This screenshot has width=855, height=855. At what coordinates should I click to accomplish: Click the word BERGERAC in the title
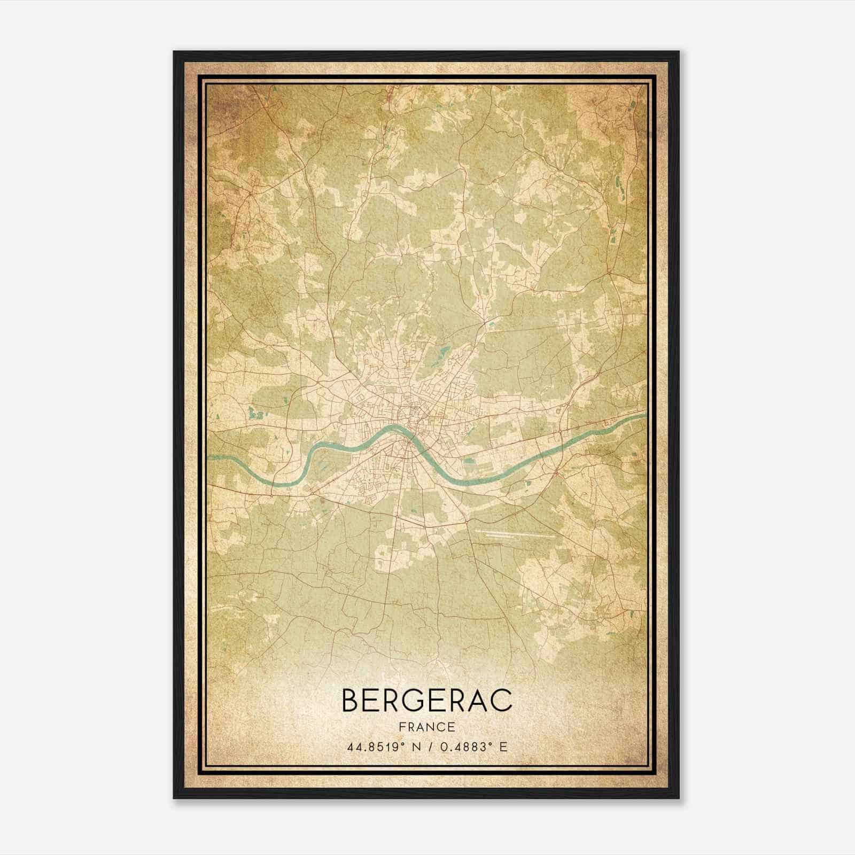[x=426, y=701]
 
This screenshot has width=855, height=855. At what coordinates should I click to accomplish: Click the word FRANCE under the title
[x=426, y=727]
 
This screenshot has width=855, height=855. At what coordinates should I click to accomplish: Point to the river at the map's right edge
[x=639, y=415]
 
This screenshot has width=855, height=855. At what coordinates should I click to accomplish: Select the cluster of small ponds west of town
[x=255, y=413]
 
